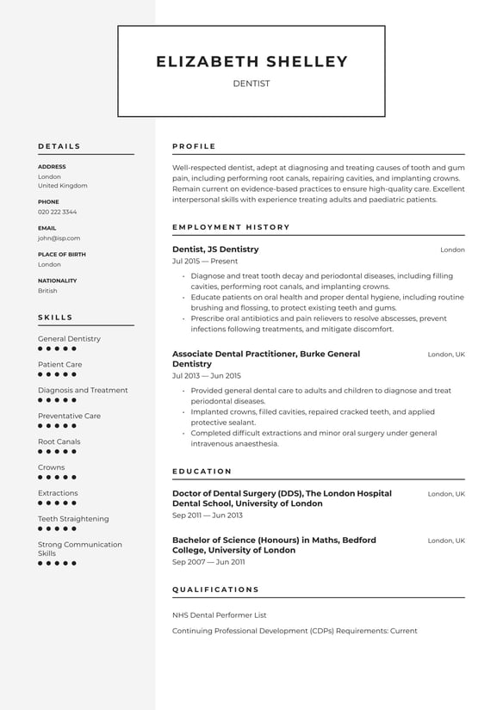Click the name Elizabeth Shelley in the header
coord(251,62)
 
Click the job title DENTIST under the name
coord(251,83)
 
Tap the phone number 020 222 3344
coord(57,212)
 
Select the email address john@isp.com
coord(59,238)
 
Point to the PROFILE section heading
coord(194,146)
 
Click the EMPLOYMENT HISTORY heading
coord(231,227)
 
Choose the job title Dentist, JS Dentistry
coord(215,250)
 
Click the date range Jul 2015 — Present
coord(205,261)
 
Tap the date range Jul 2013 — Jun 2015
coord(207,376)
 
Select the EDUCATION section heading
coord(202,472)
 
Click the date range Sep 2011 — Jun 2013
coord(208,516)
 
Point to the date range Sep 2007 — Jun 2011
coord(208,562)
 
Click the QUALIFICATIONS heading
coord(215,590)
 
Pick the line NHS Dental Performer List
coord(219,615)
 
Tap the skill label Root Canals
coord(59,441)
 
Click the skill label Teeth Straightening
coord(73,519)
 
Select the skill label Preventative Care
coord(69,416)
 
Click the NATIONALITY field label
coord(57,281)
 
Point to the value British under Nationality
coord(47,291)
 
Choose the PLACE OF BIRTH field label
coord(62,255)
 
